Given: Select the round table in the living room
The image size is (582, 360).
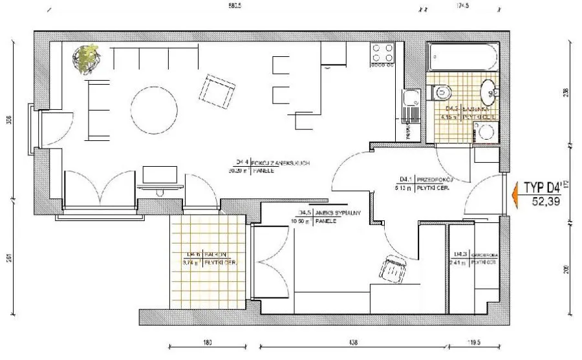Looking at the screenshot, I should click(x=154, y=109).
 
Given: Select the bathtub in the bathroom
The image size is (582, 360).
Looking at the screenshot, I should click(x=464, y=59).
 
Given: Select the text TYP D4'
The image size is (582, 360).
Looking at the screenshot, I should click(x=542, y=188).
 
